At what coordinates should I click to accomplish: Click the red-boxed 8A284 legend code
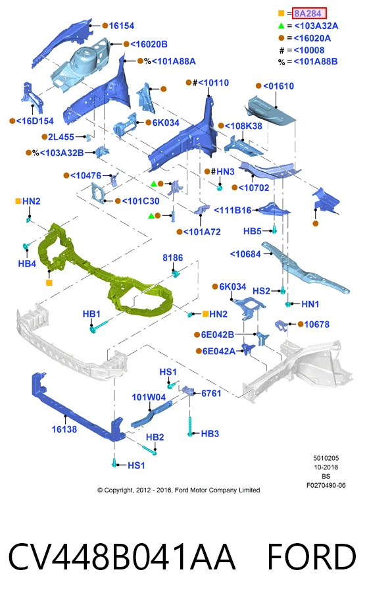click(x=309, y=14)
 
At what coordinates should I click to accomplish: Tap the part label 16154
click(x=122, y=26)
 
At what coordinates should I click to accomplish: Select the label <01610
click(x=278, y=86)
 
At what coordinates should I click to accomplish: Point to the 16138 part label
click(x=64, y=429)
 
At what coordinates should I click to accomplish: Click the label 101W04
click(x=149, y=397)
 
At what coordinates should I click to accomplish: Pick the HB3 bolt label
click(x=210, y=434)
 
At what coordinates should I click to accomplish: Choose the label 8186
click(x=173, y=258)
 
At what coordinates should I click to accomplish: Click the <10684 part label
click(x=245, y=254)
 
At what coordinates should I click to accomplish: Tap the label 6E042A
click(x=219, y=351)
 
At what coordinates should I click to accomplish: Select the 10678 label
click(x=317, y=325)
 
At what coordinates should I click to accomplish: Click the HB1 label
click(x=91, y=314)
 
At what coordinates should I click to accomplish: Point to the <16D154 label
click(x=35, y=121)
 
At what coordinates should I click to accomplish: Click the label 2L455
click(x=61, y=137)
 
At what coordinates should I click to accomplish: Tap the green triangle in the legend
click(x=281, y=26)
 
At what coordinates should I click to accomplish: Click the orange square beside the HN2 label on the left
click(x=18, y=201)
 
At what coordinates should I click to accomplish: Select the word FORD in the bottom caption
click(x=312, y=557)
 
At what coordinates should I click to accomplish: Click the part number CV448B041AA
click(x=122, y=557)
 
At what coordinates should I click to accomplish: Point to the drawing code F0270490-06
click(x=326, y=485)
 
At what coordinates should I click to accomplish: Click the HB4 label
click(x=27, y=264)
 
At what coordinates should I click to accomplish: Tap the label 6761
click(x=211, y=393)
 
